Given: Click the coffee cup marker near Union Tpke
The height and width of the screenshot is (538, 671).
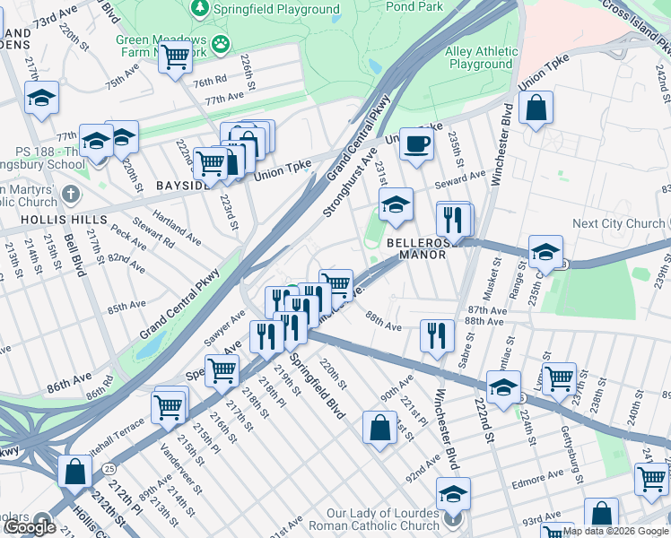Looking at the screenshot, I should (415, 143).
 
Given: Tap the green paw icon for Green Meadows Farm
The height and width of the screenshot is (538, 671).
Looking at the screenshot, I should (220, 43).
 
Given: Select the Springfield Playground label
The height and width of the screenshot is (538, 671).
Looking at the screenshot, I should (275, 10).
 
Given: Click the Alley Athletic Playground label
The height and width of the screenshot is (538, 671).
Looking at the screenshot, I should (481, 58).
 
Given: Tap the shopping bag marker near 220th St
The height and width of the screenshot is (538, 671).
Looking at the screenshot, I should (379, 426).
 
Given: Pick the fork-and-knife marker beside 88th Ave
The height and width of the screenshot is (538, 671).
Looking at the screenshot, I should (437, 336).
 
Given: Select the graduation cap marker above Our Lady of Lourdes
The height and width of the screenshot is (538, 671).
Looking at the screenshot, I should (453, 493).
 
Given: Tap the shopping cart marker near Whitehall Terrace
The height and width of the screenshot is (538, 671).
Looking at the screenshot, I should (169, 407).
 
